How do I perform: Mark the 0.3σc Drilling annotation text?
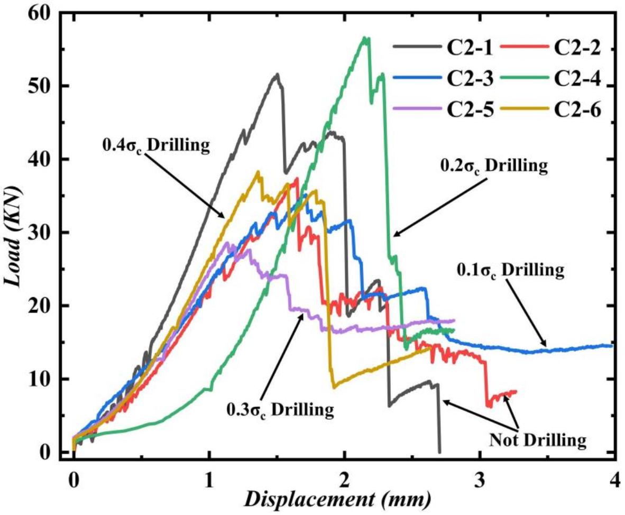point(281,410)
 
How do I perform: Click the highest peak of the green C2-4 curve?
point(364,38)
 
